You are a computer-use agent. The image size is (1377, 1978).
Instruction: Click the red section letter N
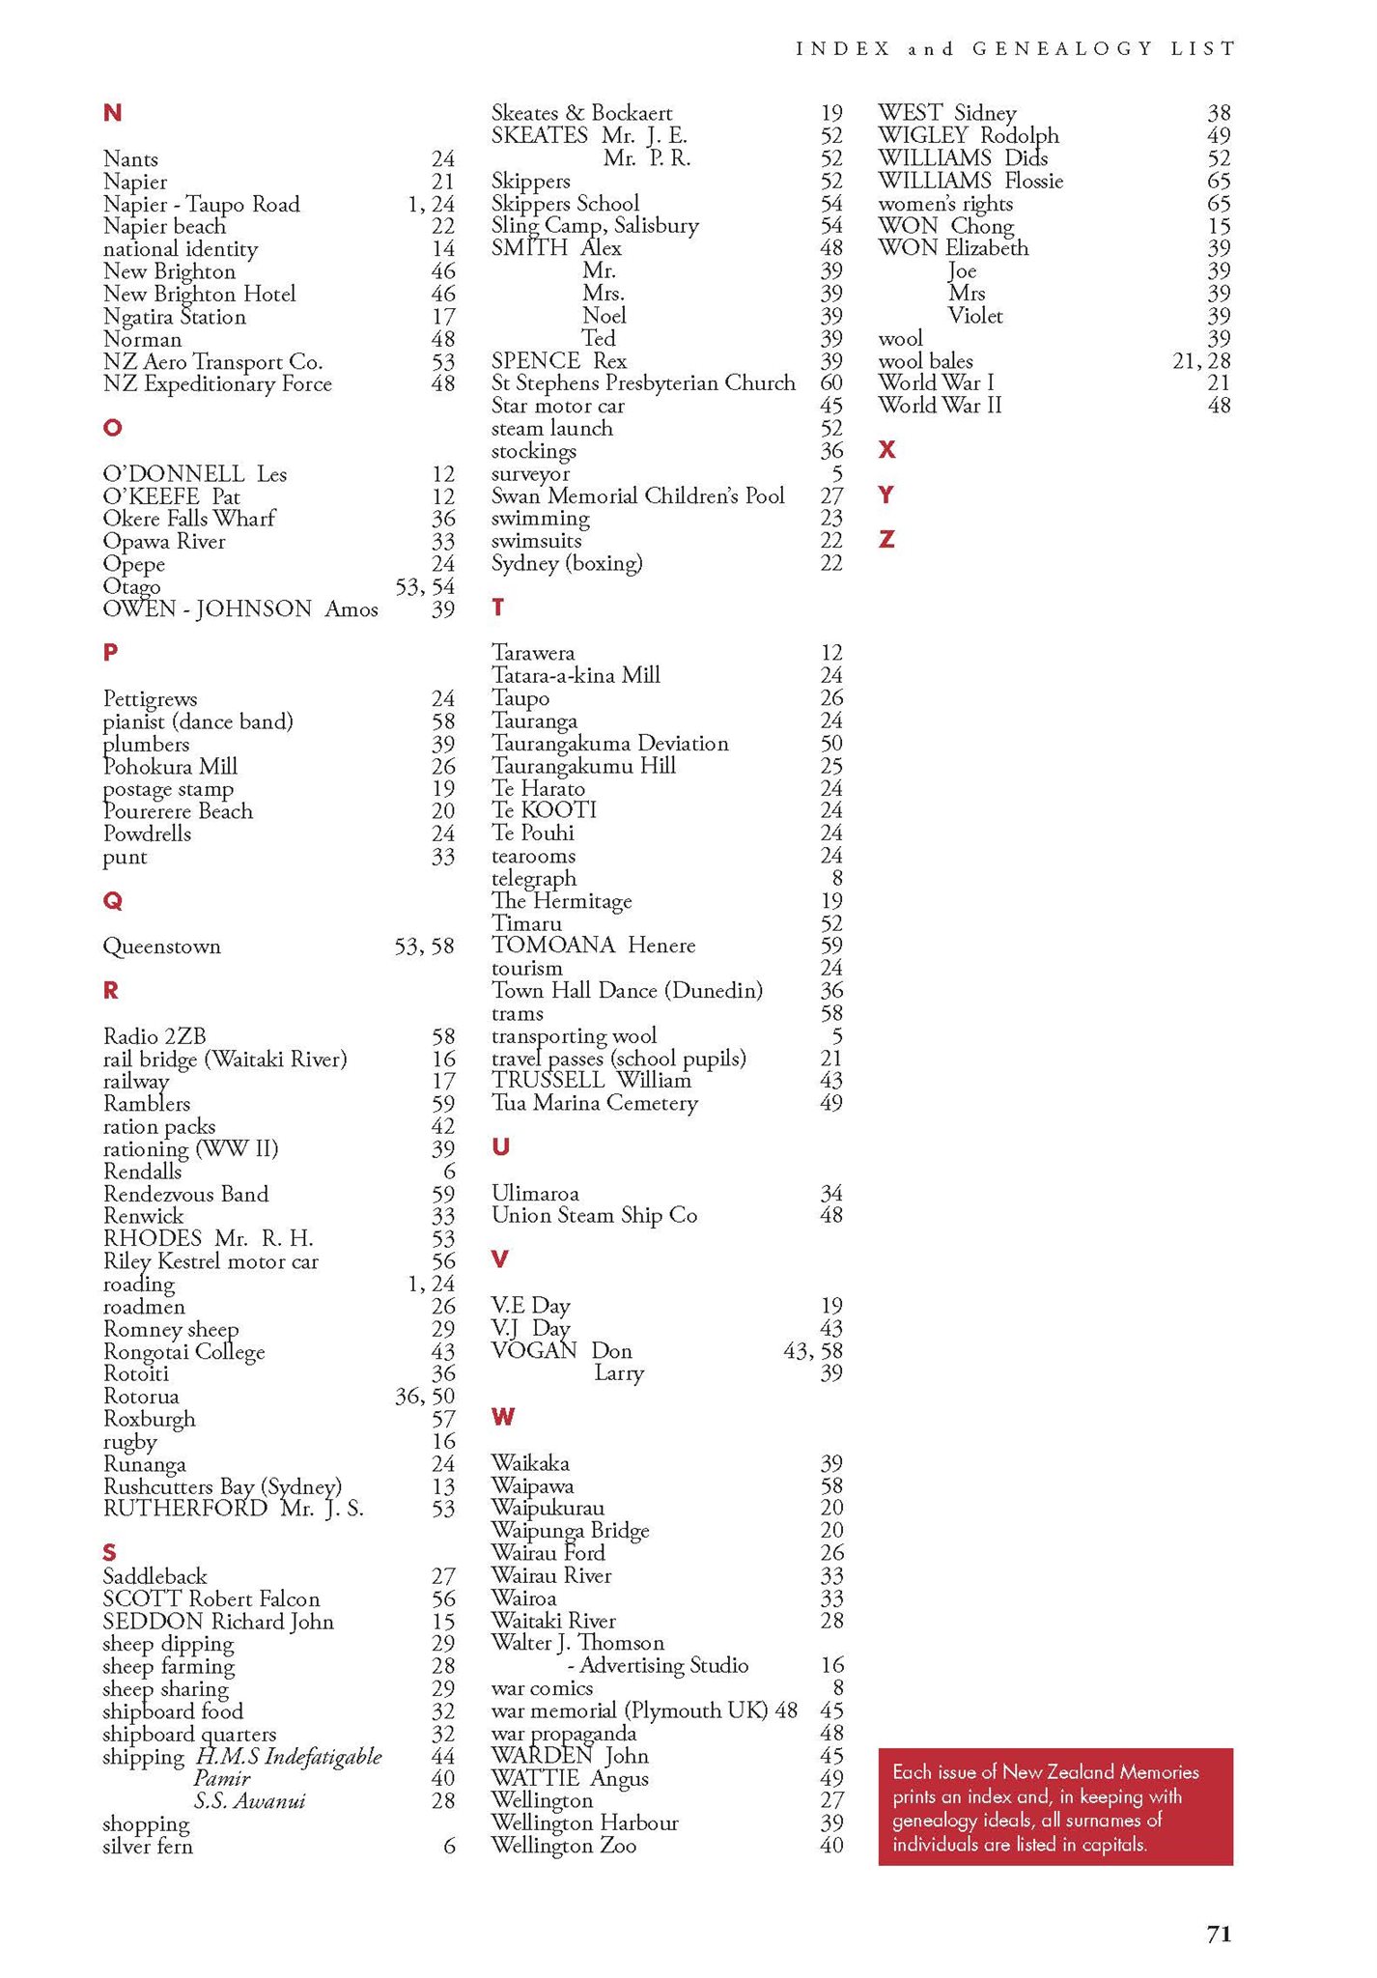(112, 113)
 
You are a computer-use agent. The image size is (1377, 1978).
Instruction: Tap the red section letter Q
(112, 901)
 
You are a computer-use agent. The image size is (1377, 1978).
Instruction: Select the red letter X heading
(887, 449)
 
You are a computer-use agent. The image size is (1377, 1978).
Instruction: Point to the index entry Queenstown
(162, 947)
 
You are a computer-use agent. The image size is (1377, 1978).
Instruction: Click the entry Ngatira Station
(175, 317)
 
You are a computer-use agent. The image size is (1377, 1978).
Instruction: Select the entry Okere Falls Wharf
(189, 519)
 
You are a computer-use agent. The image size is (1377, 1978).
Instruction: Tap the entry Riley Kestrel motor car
(211, 1261)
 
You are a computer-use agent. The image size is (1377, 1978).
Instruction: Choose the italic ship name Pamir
(222, 1778)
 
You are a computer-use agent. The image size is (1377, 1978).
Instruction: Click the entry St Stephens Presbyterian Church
(643, 383)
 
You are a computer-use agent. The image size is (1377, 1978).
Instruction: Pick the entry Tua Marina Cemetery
(595, 1103)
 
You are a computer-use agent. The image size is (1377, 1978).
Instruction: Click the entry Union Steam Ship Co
(595, 1215)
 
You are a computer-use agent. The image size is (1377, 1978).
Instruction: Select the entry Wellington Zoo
(564, 1846)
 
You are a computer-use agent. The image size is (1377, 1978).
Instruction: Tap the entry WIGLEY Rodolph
(969, 136)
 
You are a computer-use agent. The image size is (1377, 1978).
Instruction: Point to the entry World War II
(940, 406)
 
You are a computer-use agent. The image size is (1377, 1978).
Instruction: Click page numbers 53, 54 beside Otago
(425, 587)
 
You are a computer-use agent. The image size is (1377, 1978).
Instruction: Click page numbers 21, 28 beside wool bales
(1201, 361)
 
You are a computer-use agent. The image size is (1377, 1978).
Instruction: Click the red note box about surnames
(1055, 1806)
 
